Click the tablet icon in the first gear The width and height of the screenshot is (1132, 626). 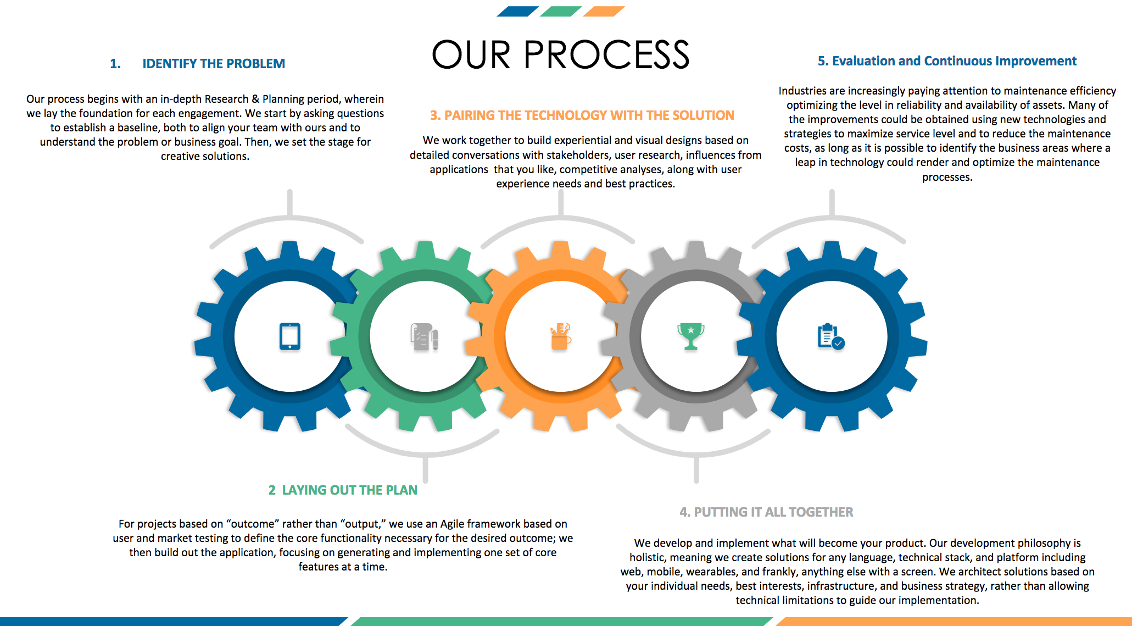click(289, 336)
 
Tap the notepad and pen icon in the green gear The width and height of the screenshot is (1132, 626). click(424, 337)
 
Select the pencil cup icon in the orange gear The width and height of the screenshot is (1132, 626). click(560, 336)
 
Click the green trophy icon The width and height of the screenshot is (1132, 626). click(690, 336)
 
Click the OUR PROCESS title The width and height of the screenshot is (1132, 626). click(560, 55)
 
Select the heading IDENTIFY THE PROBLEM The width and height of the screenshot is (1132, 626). click(214, 64)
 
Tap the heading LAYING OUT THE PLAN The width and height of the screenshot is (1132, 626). click(349, 490)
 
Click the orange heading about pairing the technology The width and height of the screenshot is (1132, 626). click(582, 115)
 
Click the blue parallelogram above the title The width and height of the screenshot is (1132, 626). click(517, 11)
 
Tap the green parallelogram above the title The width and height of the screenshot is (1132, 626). click(560, 11)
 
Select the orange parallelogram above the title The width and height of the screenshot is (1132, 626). click(604, 11)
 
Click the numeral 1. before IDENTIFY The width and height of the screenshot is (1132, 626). click(115, 64)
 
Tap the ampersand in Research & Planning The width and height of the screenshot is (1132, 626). click(255, 99)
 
